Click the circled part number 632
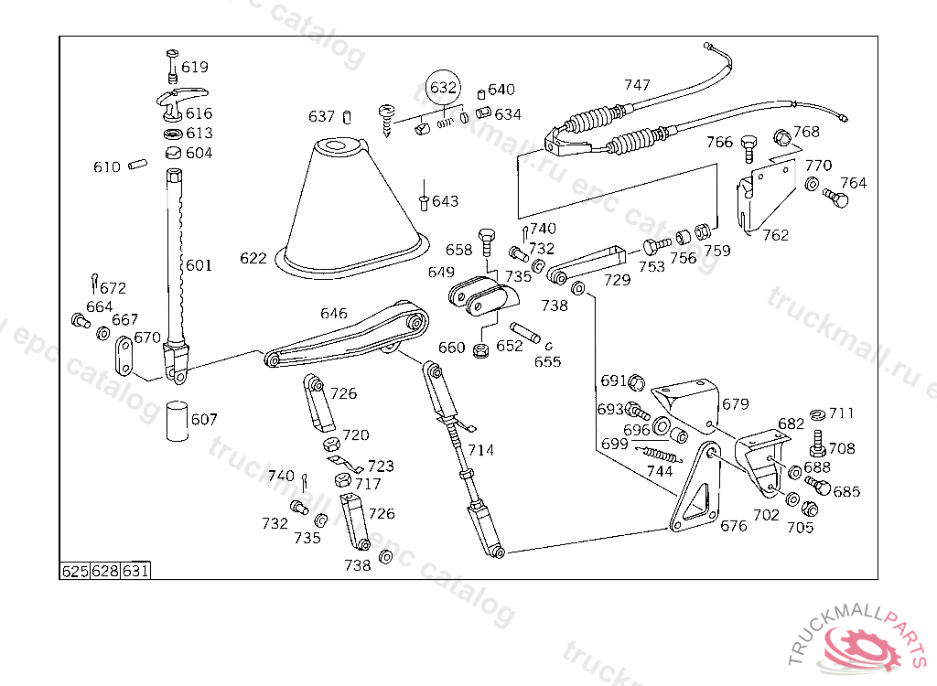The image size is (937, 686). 444,87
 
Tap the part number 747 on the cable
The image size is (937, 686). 637,85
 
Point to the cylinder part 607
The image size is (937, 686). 177,422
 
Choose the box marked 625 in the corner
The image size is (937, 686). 75,572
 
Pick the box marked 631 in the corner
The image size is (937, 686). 135,572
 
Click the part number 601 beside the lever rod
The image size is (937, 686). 199,265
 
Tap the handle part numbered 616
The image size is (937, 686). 180,102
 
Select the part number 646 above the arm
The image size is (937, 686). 333,313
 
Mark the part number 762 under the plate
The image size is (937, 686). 776,235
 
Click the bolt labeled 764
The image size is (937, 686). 835,197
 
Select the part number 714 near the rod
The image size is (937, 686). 480,450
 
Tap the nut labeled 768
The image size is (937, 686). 783,138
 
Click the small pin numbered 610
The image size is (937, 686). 137,163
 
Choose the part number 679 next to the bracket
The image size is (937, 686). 735,404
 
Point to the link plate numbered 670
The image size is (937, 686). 124,356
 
